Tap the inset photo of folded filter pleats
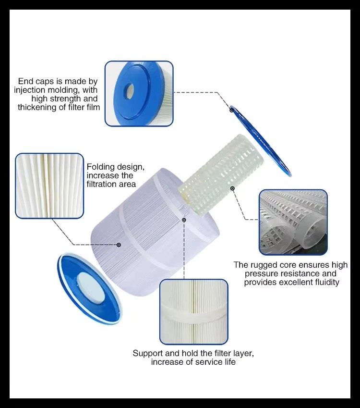[x=50, y=186]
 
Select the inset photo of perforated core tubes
[x=293, y=222]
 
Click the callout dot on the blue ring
[x=231, y=111]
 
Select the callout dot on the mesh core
[x=232, y=188]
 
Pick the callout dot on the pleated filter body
[x=119, y=245]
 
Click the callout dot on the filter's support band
[x=183, y=220]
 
